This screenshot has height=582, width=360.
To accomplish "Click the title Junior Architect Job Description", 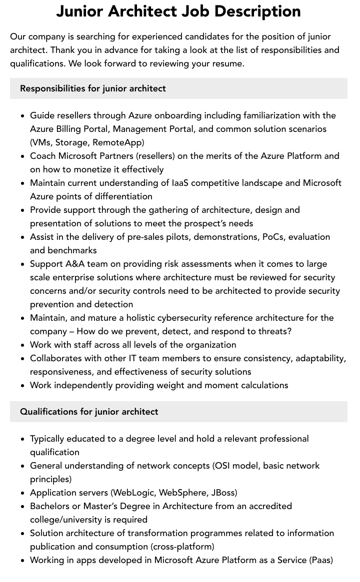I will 178,11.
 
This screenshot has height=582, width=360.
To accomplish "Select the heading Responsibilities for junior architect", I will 93,88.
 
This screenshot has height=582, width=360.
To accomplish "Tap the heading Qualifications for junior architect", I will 89,412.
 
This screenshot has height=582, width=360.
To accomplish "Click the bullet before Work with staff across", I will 22,345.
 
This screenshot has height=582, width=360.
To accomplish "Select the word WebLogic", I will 134,493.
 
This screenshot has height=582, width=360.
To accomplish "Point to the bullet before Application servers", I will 22,493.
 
